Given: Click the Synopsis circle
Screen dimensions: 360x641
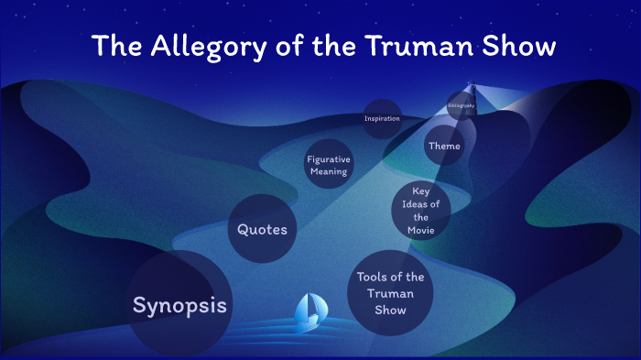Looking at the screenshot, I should (x=179, y=305).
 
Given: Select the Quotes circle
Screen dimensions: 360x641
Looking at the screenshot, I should (x=262, y=229).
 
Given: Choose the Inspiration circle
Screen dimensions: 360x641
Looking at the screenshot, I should (x=382, y=119).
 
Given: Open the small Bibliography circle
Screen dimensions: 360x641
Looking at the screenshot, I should (x=461, y=106).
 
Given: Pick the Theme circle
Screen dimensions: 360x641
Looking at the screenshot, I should (x=444, y=146).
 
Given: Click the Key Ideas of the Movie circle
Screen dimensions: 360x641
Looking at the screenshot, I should (x=420, y=211).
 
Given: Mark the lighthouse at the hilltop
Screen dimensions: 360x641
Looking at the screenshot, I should (x=471, y=87).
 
